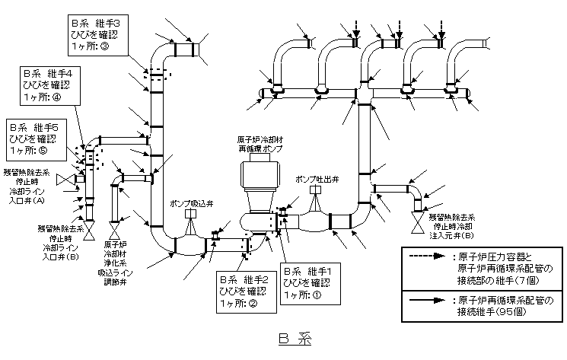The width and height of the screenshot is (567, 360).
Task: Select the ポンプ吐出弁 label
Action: pyautogui.click(x=317, y=179)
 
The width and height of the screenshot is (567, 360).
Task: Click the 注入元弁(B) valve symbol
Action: pyautogui.click(x=418, y=225)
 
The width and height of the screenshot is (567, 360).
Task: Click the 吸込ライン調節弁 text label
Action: pyautogui.click(x=113, y=276)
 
